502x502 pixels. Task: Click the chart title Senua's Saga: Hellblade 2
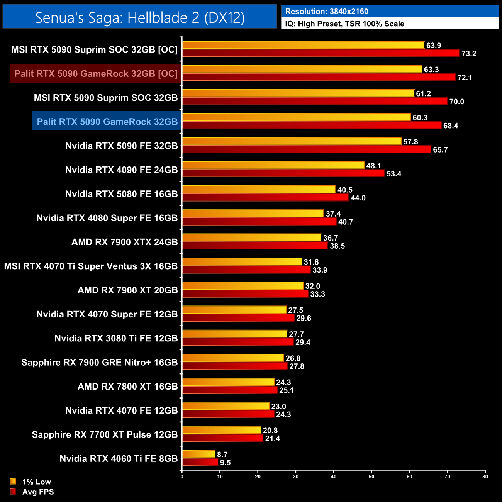point(140,17)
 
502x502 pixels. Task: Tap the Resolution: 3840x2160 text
point(327,12)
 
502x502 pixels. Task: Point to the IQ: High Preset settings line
point(344,24)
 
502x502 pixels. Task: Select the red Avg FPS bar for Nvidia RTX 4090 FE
point(283,174)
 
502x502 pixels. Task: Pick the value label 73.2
point(469,54)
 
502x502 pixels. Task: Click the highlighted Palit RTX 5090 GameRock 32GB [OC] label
point(96,74)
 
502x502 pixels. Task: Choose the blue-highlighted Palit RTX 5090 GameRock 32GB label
point(107,122)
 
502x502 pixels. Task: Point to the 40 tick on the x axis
point(334,476)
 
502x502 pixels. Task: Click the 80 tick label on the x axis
point(485,476)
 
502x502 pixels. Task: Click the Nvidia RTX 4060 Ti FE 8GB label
point(119,459)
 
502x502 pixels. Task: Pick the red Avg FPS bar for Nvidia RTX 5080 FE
point(265,198)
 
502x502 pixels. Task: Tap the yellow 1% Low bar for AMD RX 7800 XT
point(228,382)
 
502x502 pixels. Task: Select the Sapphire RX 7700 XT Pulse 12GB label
point(105,435)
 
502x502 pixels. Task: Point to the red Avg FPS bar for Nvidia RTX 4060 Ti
point(200,463)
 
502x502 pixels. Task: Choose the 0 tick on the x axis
point(182,476)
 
